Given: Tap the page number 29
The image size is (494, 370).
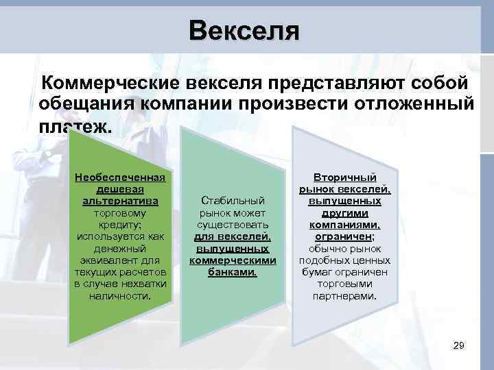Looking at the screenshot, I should click(x=459, y=346).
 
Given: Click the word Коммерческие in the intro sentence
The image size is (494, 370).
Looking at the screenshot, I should click(x=110, y=83).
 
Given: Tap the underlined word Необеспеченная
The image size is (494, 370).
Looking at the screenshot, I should click(x=120, y=177).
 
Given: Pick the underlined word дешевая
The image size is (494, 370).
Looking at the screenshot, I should click(x=120, y=189).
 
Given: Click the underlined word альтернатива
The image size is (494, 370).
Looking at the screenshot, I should click(x=120, y=201).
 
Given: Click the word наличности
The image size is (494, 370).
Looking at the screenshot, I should click(x=120, y=296).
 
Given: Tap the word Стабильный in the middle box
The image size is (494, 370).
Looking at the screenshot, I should click(x=233, y=201).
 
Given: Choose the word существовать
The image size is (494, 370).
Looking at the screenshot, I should click(x=233, y=225).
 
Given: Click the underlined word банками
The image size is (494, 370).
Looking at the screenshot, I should click(x=233, y=272).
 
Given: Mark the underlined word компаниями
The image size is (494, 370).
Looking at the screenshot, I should click(x=344, y=225).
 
